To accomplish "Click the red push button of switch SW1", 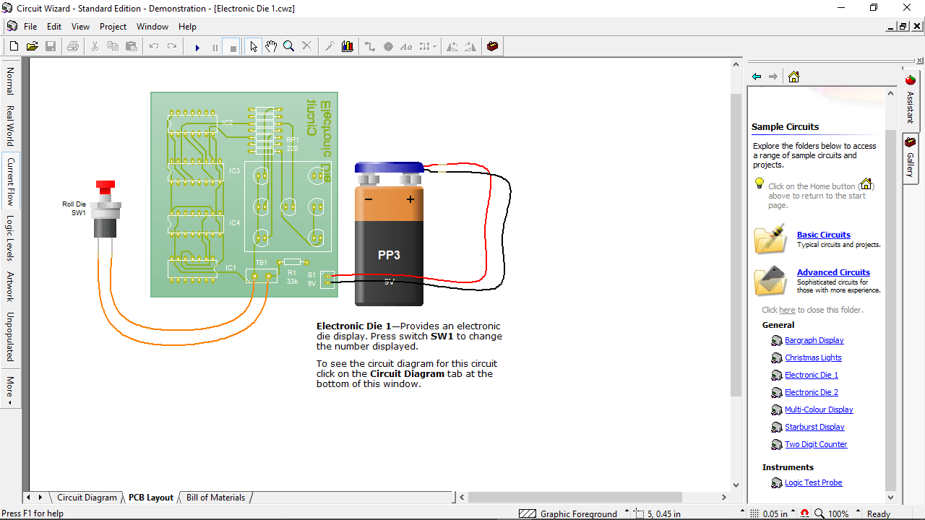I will [106, 187].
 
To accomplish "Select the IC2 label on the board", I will [228, 123].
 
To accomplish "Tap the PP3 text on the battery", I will [389, 255].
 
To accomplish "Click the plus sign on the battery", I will [410, 199].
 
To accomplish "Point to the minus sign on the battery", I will [369, 199].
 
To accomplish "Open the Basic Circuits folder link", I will [823, 235].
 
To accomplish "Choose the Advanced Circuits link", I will [833, 272].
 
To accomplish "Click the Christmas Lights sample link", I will [813, 357].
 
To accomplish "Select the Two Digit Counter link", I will [816, 444].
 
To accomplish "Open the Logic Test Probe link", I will [813, 482].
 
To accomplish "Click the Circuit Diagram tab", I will [87, 498].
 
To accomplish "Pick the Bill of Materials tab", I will [215, 498].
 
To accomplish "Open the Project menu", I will [113, 27].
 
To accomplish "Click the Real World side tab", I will [10, 126].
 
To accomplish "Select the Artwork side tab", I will [10, 286].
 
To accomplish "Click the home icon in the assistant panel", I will [793, 77].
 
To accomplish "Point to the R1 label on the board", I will [292, 272].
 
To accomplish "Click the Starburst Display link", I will [814, 427].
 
